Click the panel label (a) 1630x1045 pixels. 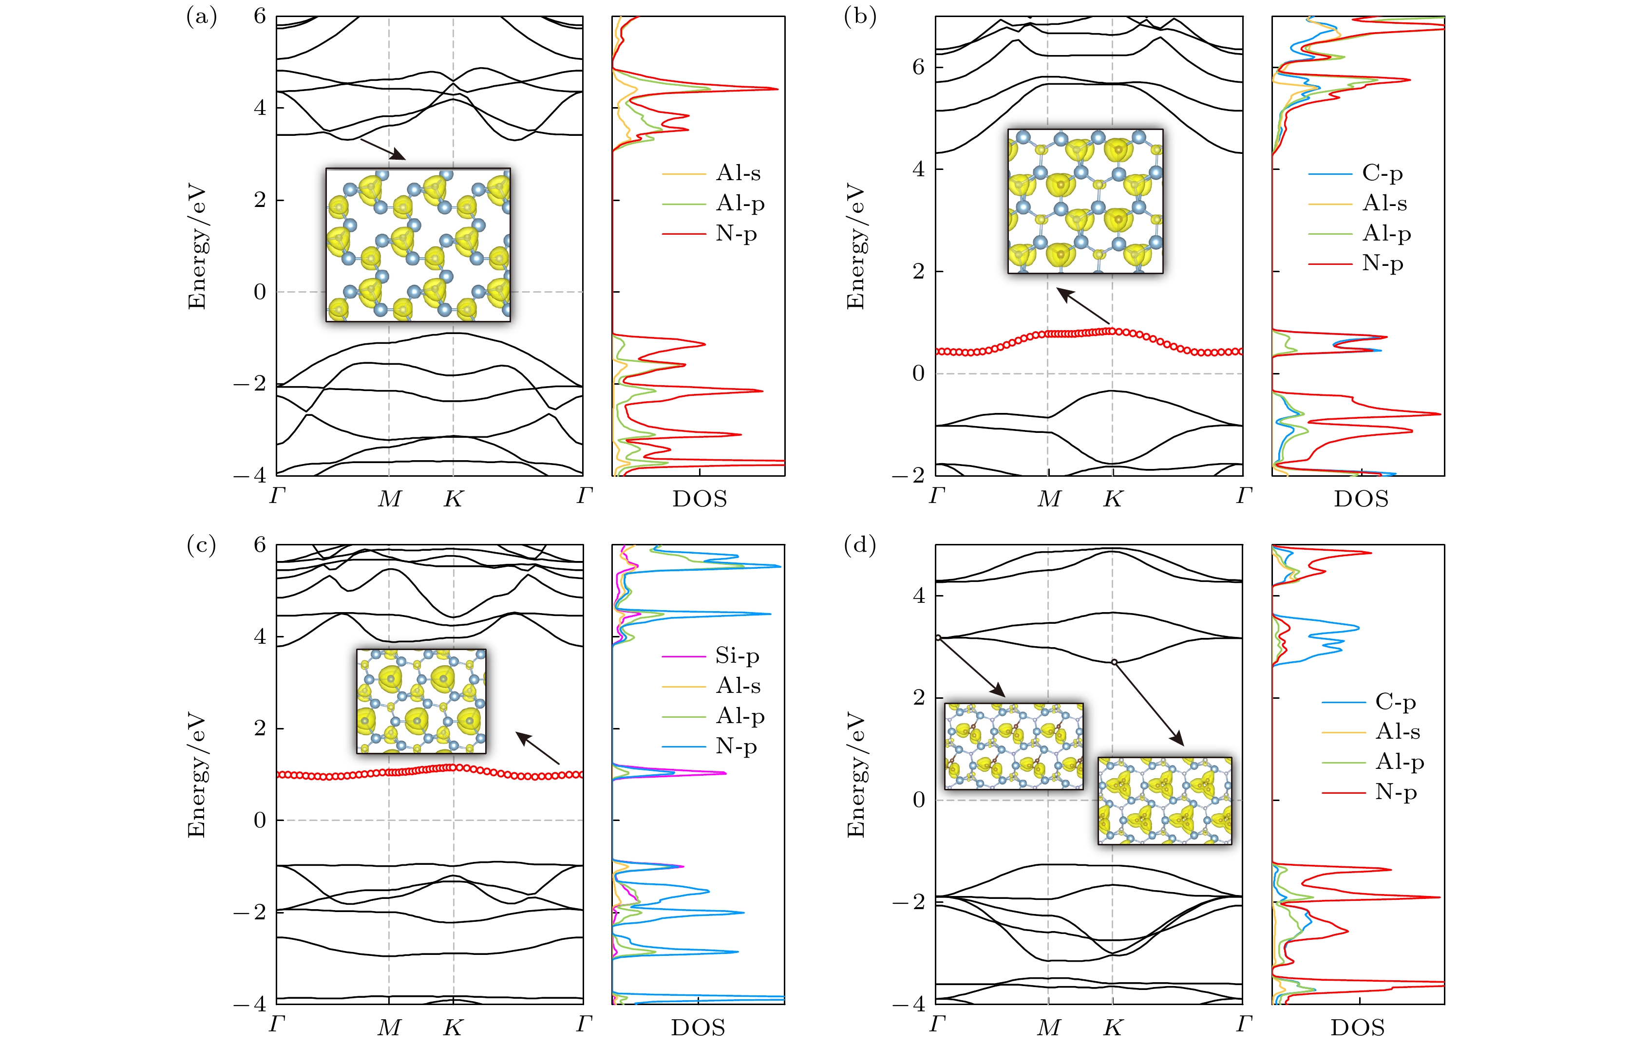(202, 16)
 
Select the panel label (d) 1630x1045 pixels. (859, 544)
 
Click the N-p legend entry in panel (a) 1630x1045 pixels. (735, 233)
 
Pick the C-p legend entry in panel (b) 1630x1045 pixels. (1382, 174)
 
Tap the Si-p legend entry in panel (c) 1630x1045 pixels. (737, 655)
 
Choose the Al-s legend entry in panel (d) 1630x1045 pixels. (1397, 731)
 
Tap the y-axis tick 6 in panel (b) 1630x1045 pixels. (918, 67)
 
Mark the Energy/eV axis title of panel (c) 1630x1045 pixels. (196, 774)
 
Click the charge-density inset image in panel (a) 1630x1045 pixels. (417, 244)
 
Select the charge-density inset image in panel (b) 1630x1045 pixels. (1085, 202)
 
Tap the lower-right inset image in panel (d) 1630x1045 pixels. (1164, 801)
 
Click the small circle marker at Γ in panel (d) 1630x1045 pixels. (938, 638)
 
